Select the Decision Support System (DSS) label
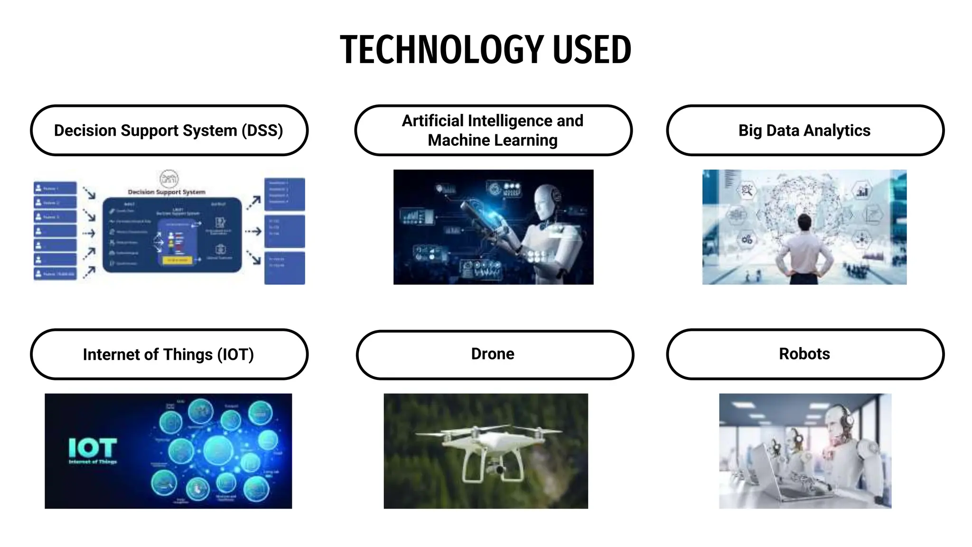[x=168, y=131]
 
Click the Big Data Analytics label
[x=804, y=131]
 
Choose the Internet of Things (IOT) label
[x=168, y=355]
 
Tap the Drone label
[x=493, y=354]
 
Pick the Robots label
[x=804, y=354]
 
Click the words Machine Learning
[x=493, y=141]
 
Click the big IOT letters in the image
[x=93, y=447]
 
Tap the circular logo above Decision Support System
[x=169, y=179]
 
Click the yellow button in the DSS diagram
[x=177, y=260]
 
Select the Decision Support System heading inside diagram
[x=167, y=192]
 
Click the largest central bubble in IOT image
[x=218, y=450]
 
